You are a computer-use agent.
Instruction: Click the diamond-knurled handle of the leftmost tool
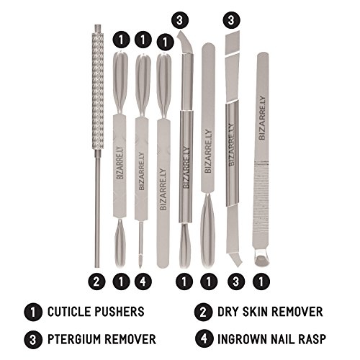click(97, 90)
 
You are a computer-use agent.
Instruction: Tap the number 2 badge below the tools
click(96, 282)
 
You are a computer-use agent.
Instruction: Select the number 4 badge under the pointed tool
click(143, 282)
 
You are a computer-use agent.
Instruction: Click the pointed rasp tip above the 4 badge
click(141, 261)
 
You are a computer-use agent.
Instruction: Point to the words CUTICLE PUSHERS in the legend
click(96, 312)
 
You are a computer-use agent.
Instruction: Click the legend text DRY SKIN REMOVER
click(270, 312)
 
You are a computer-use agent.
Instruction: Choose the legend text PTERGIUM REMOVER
click(102, 339)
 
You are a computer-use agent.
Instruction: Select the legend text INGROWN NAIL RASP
click(271, 339)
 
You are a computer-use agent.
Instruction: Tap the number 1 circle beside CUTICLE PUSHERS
click(33, 312)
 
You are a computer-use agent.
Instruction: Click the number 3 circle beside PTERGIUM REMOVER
click(33, 340)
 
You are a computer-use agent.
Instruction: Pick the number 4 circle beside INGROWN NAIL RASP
click(204, 338)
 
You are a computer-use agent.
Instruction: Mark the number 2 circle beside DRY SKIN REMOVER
click(204, 312)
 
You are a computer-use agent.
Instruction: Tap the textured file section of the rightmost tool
click(261, 204)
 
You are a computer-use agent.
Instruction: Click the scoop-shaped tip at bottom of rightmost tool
click(262, 258)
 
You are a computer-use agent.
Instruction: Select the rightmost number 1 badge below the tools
click(261, 282)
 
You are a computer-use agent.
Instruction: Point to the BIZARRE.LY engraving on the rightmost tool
click(262, 117)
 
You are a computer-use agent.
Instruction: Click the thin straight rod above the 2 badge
click(97, 208)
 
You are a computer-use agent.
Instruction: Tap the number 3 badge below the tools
click(236, 282)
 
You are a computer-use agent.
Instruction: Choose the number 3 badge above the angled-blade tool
click(231, 20)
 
